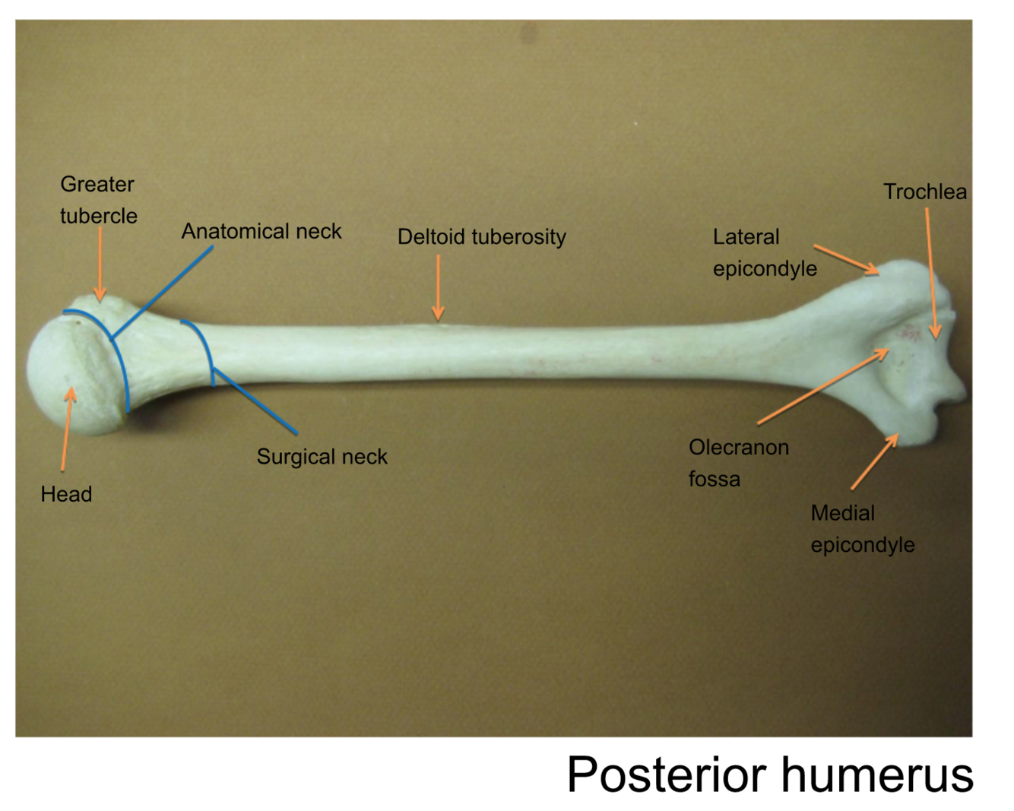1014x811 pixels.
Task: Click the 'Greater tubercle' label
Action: pos(98,200)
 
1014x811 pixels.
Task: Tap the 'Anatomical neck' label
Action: pos(261,231)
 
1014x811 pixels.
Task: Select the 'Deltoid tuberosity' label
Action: pos(481,237)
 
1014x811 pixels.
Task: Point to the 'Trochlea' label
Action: pos(924,192)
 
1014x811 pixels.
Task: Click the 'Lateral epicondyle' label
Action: pos(764,252)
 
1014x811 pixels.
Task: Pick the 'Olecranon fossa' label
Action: pos(738,463)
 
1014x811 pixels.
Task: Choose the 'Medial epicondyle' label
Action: pos(862,529)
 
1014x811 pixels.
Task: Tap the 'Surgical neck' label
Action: pos(322,457)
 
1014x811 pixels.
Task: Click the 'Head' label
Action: pos(66,494)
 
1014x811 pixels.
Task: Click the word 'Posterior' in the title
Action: pos(666,775)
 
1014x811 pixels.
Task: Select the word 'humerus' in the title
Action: pos(877,775)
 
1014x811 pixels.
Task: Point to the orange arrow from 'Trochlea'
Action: pos(931,274)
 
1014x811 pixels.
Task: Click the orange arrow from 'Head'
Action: pos(67,429)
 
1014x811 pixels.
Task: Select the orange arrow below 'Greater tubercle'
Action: pos(100,263)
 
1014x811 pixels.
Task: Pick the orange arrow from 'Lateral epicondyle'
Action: pos(846,259)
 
